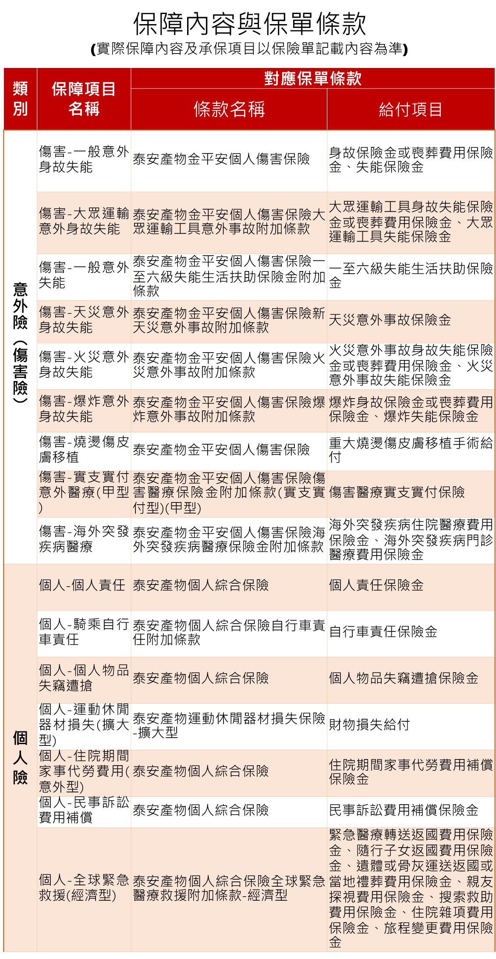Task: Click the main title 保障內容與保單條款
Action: pos(249,24)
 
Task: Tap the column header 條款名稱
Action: pos(229,109)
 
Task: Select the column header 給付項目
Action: pos(411,109)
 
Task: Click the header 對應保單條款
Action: pos(312,78)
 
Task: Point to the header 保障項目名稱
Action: pos(84,99)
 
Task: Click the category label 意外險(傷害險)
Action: pos(20,343)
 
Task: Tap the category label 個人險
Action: pos(20,757)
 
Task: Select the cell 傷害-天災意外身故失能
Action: pos(84,320)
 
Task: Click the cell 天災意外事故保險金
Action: pos(390,320)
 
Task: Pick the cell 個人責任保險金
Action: pos(376,585)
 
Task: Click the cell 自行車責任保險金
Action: pos(383,631)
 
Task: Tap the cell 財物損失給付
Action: pos(369,724)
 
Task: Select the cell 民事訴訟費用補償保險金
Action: pos(404,810)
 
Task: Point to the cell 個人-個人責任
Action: pos(82,585)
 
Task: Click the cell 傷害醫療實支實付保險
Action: pos(397,492)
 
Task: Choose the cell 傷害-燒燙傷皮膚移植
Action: pos(84,449)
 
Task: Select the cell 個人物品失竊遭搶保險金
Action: pos(404,678)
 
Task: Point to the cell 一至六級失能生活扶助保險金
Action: pos(411,275)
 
